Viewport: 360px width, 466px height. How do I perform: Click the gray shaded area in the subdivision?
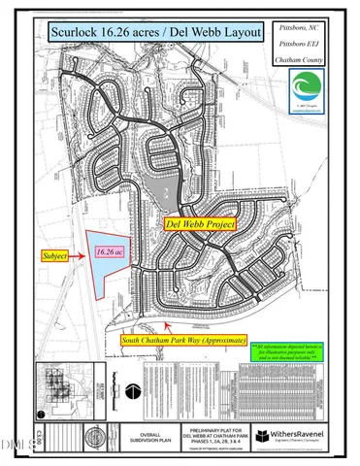[170, 189]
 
